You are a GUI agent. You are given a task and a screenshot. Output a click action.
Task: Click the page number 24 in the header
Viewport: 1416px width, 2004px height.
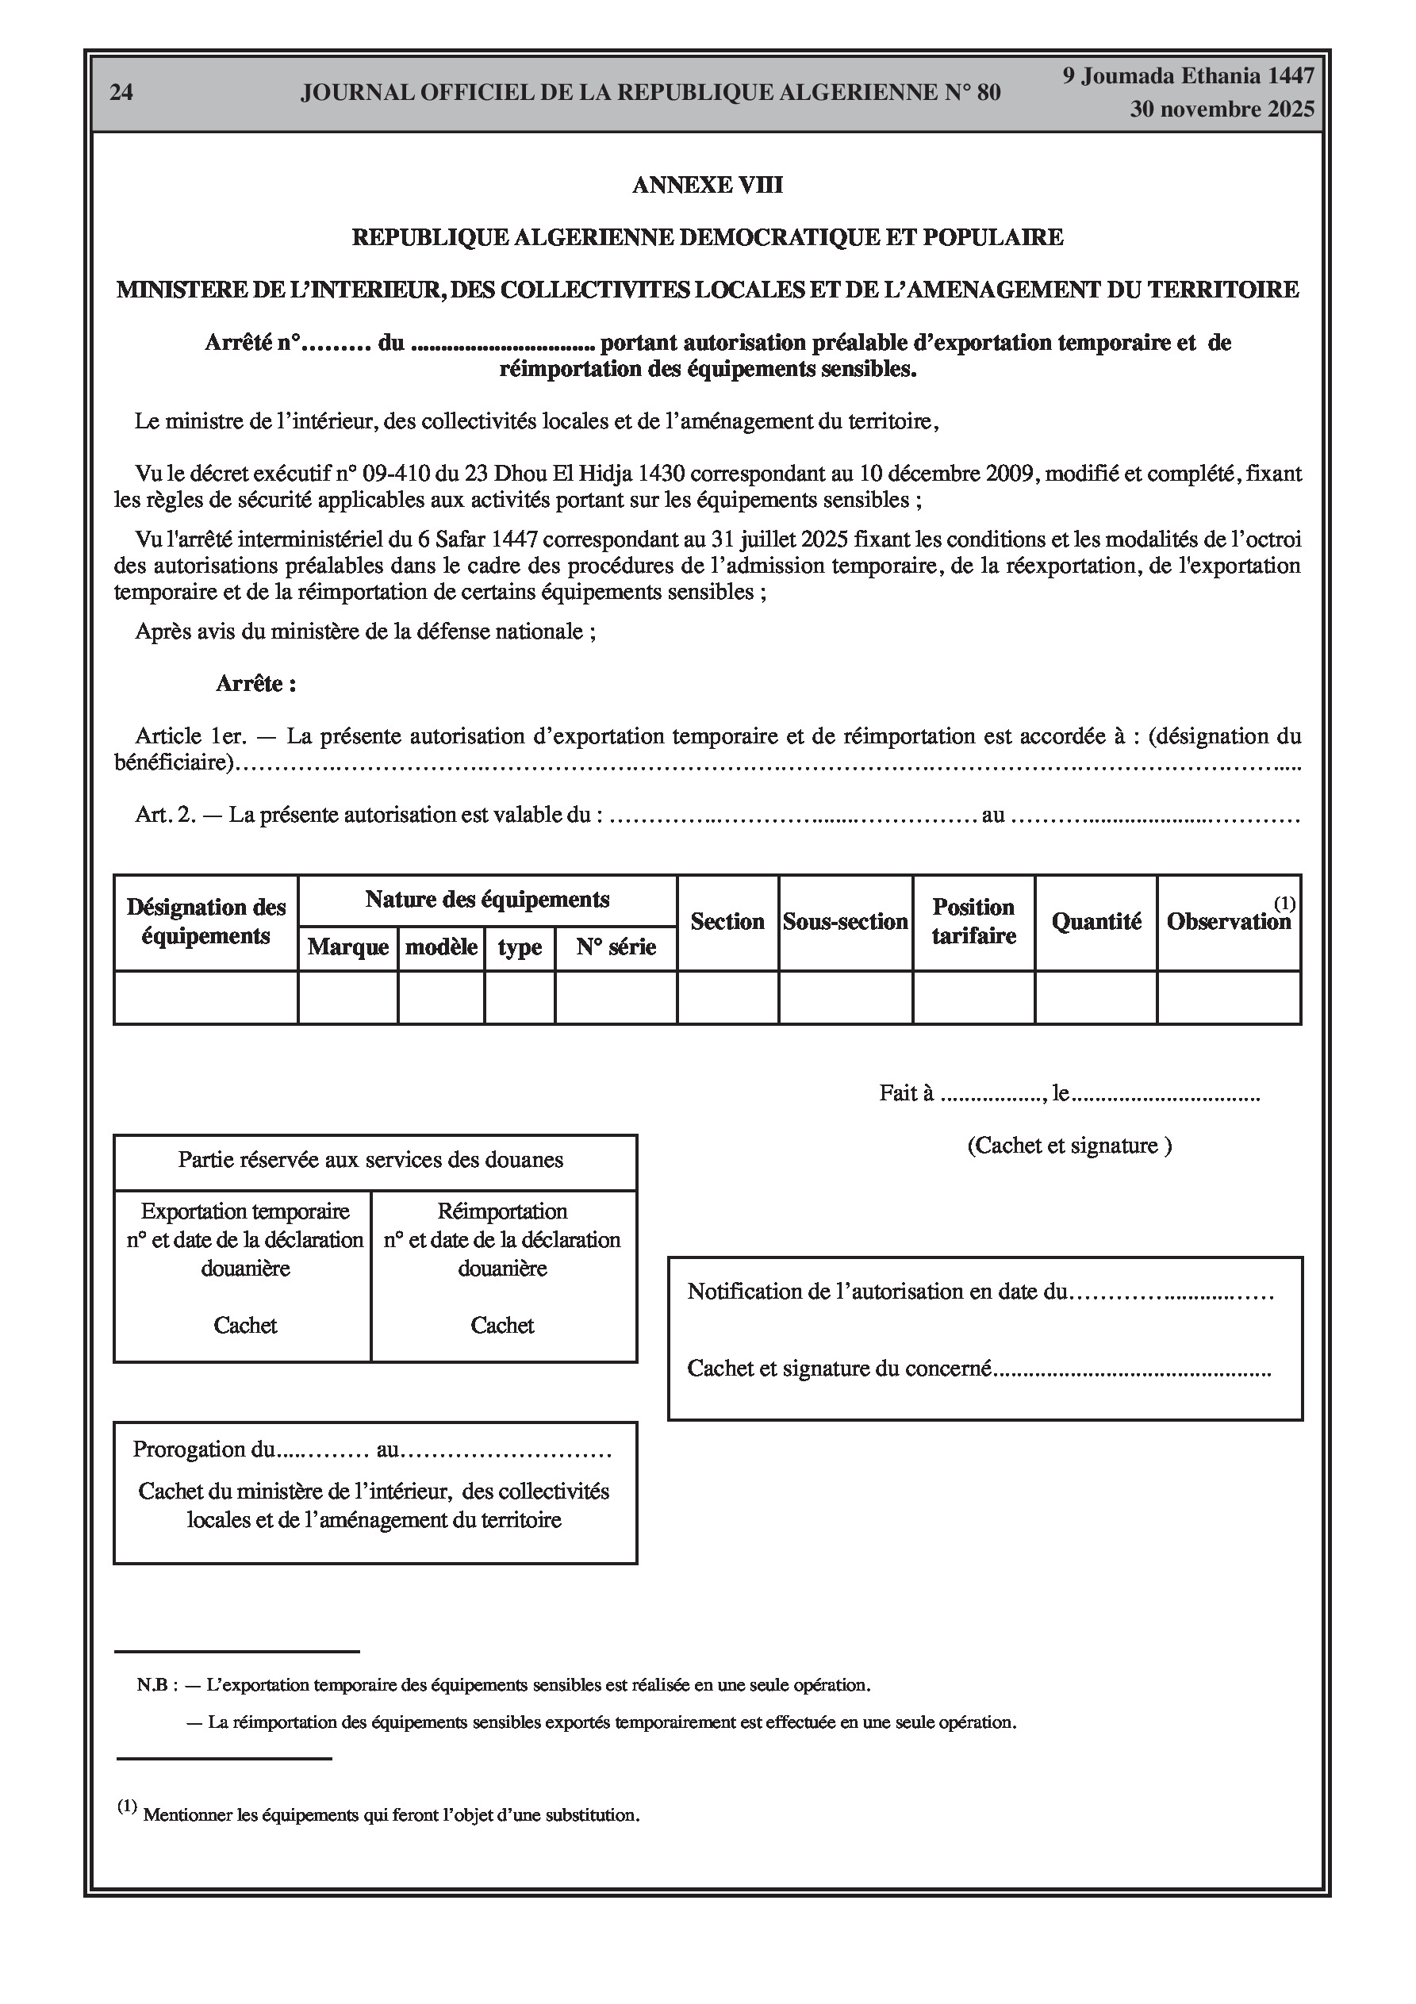[x=121, y=93]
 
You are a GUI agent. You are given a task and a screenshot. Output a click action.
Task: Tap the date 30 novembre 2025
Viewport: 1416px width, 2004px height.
[x=1222, y=109]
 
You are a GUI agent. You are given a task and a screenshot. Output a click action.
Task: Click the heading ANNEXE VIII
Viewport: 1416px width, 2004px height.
[x=707, y=185]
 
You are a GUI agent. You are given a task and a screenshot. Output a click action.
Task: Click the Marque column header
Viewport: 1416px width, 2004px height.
[x=347, y=947]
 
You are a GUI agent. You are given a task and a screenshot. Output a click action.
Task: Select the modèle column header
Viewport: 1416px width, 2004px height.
[x=441, y=947]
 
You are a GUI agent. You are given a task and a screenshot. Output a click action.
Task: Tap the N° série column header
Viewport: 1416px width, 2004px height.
[x=616, y=947]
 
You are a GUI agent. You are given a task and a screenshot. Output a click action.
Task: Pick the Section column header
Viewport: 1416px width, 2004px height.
[x=727, y=922]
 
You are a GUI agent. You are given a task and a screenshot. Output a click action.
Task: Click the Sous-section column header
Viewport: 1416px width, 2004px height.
[x=845, y=922]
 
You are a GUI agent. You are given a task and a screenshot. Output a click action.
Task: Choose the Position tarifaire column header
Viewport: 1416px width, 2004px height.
[x=973, y=922]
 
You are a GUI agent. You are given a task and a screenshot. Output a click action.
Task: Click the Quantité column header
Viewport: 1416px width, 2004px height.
[x=1096, y=922]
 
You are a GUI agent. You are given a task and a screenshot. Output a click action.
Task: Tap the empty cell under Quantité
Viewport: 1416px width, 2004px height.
[x=1096, y=996]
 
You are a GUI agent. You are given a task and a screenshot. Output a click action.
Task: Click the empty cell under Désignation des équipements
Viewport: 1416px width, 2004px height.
[x=206, y=996]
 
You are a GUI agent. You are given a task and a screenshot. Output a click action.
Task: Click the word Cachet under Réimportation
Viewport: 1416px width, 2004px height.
[x=502, y=1325]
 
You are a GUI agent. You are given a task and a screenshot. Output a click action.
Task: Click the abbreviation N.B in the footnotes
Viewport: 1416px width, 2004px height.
[x=151, y=1684]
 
